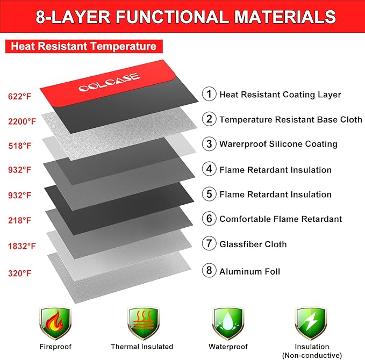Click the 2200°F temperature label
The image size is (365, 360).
coord(22,121)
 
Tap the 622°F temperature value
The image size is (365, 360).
coord(19,96)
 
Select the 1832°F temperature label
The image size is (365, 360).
coord(22,246)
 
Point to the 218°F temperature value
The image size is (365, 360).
coord(19,220)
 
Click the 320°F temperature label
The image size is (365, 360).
coord(19,273)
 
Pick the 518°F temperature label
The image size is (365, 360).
coord(19,146)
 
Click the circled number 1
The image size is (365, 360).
coord(209,94)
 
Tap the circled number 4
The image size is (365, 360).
coord(209,169)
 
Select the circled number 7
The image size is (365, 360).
coord(209,243)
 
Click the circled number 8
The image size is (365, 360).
coord(209,270)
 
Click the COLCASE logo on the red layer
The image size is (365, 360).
coord(109,82)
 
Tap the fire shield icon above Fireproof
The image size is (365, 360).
coord(55,323)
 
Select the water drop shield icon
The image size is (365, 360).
coord(228,323)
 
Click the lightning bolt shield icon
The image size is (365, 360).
coord(311,323)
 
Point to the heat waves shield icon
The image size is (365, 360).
coord(143,323)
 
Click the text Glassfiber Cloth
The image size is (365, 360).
coord(253,244)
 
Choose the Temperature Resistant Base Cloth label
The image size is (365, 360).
coord(291,119)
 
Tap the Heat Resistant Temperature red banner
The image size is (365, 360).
coord(84,46)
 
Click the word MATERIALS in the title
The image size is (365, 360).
coord(285,17)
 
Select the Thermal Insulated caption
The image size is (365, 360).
coord(142,347)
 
